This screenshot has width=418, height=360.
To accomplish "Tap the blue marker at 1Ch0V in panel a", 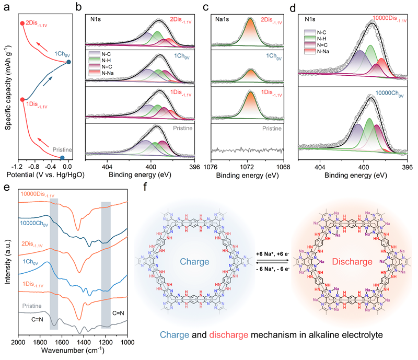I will pyautogui.click(x=69, y=63).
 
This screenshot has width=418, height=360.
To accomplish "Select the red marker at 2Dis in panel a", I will pyautogui.click(x=22, y=23).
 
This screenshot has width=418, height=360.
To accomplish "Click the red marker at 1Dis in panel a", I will pyautogui.click(x=22, y=99).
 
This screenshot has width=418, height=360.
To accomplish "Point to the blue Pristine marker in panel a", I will pyautogui.click(x=63, y=157).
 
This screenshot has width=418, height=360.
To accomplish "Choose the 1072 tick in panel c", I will pyautogui.click(x=247, y=165).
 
